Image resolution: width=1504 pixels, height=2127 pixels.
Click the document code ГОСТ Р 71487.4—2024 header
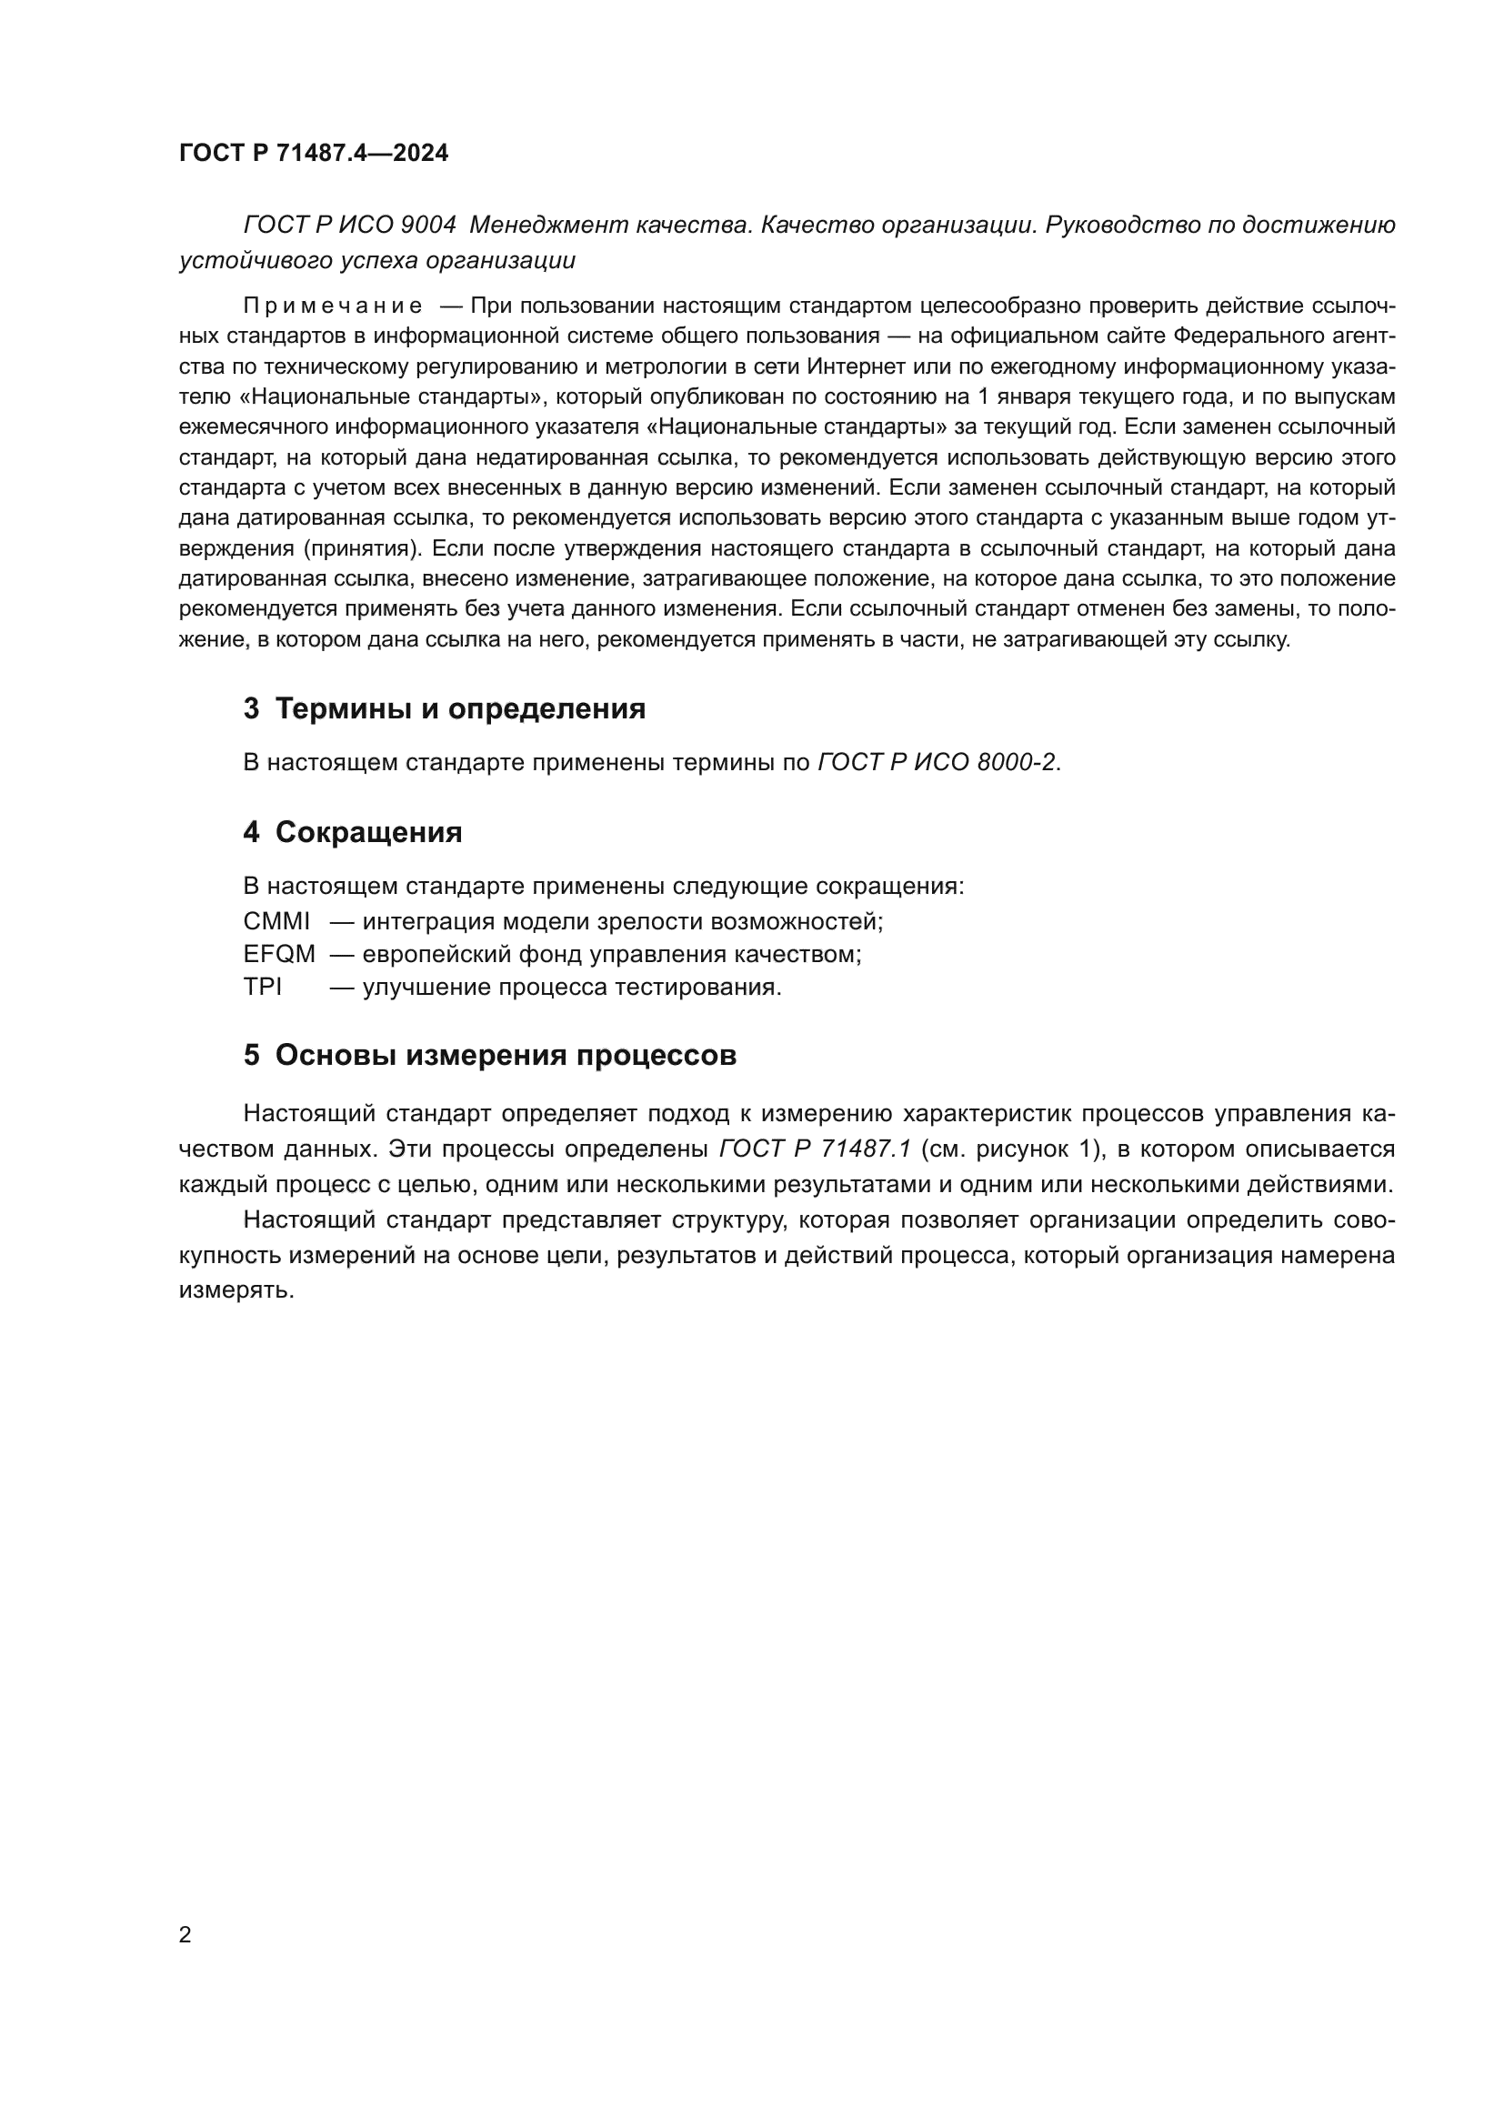313,153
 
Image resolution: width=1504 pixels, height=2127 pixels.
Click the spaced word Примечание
333,306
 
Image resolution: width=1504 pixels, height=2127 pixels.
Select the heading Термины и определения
460,708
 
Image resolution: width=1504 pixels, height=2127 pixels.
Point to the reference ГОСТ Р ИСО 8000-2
936,762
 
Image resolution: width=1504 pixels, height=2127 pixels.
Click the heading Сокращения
368,832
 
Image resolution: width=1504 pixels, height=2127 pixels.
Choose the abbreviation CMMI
276,922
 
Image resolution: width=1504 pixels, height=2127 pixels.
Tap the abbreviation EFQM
279,954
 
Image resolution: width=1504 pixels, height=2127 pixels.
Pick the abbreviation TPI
262,987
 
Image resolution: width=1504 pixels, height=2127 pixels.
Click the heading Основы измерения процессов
506,1055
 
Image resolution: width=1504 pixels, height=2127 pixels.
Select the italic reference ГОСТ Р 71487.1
815,1149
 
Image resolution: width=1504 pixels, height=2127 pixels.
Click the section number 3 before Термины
251,708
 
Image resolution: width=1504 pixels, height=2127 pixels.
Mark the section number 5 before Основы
251,1055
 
